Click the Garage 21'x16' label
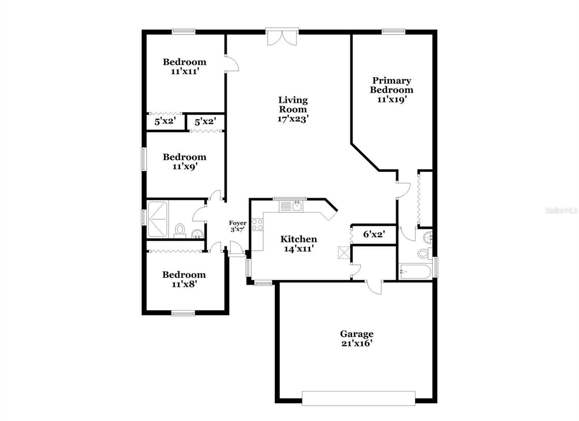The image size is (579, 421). click(356, 338)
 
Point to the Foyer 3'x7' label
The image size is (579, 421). click(237, 226)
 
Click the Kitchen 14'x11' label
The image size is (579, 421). click(299, 244)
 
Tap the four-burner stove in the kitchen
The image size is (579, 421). click(257, 224)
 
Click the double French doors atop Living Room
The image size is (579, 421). click(282, 37)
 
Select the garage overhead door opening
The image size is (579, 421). click(358, 398)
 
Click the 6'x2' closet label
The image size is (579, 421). click(373, 235)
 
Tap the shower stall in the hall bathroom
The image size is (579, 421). click(157, 219)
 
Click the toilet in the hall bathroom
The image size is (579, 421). click(180, 230)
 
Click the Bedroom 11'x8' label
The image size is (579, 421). click(184, 279)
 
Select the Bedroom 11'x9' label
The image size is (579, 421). click(184, 161)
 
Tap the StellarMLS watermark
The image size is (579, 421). click(561, 210)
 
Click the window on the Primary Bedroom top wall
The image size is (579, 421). click(393, 32)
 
